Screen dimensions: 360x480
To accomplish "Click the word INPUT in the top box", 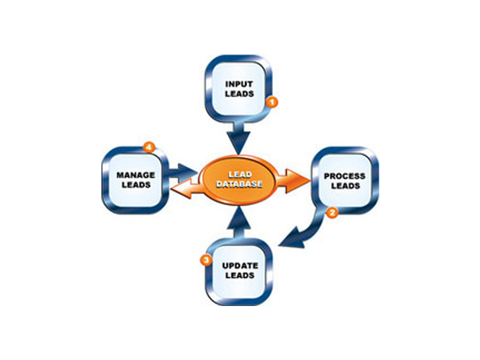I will point(239,84).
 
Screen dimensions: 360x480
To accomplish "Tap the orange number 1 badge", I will point(271,103).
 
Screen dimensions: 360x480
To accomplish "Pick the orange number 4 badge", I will point(146,146).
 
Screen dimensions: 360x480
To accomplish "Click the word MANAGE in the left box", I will point(136,175).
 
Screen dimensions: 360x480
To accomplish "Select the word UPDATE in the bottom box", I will point(239,265).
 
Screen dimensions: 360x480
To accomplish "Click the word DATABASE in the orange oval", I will point(239,184).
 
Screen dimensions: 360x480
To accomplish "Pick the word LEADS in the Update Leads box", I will point(239,275).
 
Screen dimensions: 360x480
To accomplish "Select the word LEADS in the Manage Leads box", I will point(136,185).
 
